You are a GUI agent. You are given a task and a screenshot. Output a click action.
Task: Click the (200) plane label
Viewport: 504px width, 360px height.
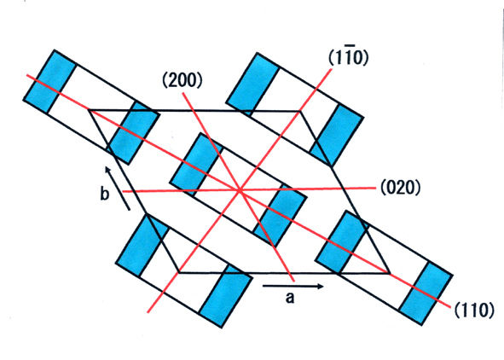[x=182, y=81]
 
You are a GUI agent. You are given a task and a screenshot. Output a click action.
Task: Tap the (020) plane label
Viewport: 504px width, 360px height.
[x=400, y=187]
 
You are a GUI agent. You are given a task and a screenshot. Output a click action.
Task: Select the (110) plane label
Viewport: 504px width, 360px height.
[x=474, y=311]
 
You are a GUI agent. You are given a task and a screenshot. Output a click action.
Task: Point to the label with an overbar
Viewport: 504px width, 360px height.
[x=349, y=57]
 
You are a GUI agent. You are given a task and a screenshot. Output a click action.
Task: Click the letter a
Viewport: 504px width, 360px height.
[x=290, y=298]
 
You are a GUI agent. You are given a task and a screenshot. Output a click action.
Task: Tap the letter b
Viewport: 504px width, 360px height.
[x=104, y=194]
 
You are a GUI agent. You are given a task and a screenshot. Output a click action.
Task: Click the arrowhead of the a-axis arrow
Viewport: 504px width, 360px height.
[x=321, y=286]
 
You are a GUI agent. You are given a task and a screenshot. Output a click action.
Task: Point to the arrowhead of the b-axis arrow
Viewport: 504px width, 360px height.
[x=107, y=169]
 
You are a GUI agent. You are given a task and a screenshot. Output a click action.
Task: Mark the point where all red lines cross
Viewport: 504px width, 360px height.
[x=240, y=190]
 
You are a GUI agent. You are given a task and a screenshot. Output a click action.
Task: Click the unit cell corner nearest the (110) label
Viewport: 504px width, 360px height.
[x=390, y=274]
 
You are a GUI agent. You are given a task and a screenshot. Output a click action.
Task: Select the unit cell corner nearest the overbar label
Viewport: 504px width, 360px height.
[x=300, y=111]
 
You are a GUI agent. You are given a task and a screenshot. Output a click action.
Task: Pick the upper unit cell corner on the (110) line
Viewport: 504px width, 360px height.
[x=89, y=110]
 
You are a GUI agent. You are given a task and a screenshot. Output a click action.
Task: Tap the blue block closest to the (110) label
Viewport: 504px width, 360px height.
[x=426, y=293]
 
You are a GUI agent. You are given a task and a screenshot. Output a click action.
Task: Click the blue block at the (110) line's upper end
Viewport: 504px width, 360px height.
[x=49, y=81]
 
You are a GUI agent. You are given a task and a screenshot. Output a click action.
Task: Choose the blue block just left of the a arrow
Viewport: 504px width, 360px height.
[x=224, y=296]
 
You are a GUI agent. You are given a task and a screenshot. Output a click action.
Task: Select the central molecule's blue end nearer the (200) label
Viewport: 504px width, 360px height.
[x=196, y=165]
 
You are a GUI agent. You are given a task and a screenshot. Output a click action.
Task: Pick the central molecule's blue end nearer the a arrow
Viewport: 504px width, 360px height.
[x=280, y=216]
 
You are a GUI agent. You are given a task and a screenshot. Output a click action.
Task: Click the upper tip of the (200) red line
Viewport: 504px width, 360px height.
[x=182, y=93]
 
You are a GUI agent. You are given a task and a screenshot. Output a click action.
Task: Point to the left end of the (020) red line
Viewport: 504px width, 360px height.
[x=124, y=192]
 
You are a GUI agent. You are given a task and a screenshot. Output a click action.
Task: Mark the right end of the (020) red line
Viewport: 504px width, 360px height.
[x=375, y=188]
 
